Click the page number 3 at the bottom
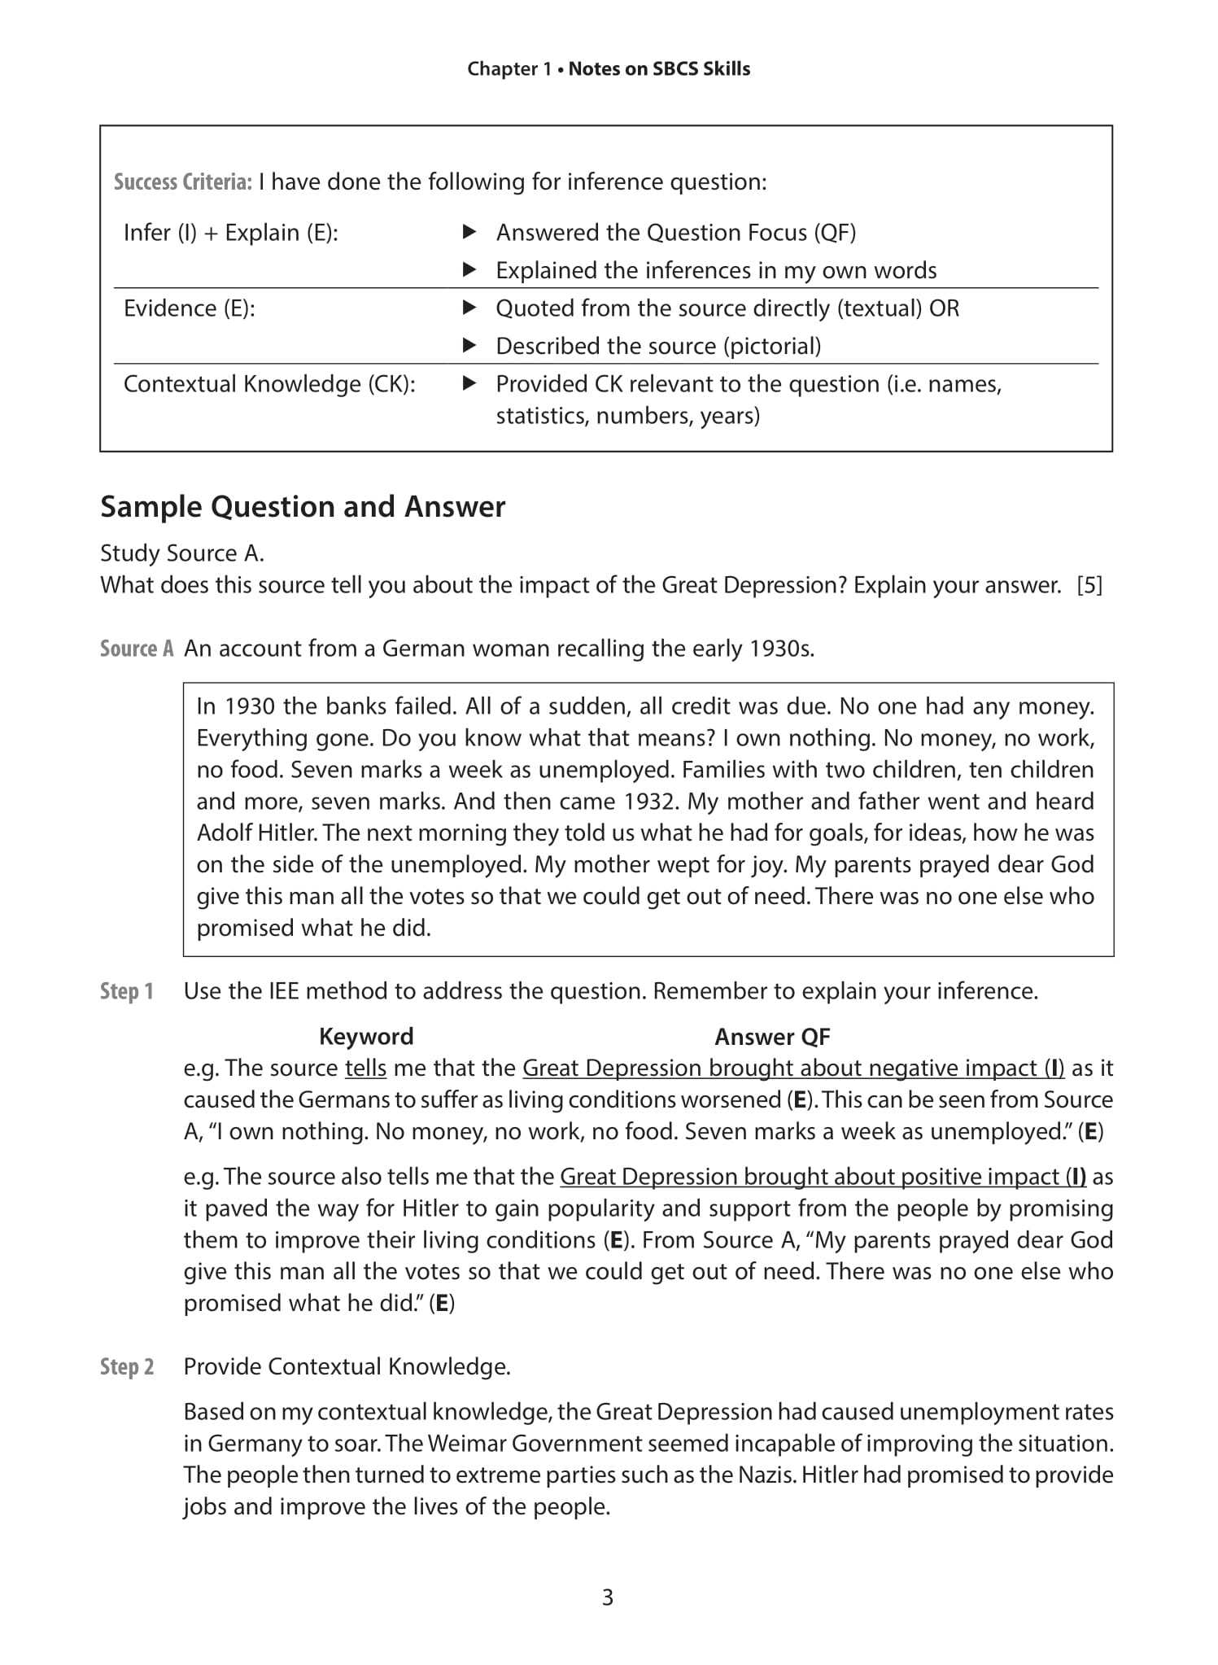point(608,1597)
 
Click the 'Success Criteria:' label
point(182,182)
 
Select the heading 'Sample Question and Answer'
point(303,507)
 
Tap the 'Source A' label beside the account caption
point(137,649)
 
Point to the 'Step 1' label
point(127,991)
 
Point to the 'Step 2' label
point(127,1366)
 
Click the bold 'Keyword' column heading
point(366,1036)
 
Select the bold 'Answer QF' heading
point(772,1036)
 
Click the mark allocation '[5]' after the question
point(1089,585)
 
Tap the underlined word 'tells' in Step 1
point(365,1068)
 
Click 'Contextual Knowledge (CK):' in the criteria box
point(269,384)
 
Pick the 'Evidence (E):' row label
point(189,308)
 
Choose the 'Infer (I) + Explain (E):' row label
point(230,233)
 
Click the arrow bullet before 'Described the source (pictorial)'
point(469,346)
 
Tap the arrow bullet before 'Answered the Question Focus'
point(469,233)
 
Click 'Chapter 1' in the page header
point(509,69)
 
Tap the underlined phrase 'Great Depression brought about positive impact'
point(810,1177)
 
